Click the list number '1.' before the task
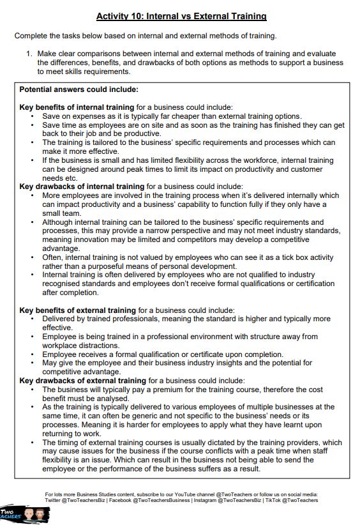point(29,54)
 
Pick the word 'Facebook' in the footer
point(119,501)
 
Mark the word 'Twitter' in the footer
point(56,501)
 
